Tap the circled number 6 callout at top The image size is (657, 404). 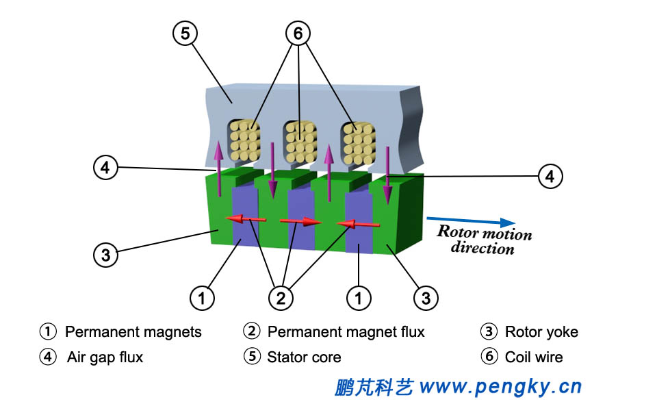pyautogui.click(x=298, y=32)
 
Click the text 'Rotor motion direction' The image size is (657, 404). pyautogui.click(x=484, y=240)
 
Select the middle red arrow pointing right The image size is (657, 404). pyautogui.click(x=300, y=221)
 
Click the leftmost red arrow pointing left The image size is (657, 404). pyautogui.click(x=246, y=218)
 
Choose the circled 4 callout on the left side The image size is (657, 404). pyautogui.click(x=105, y=168)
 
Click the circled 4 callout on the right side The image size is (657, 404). pyautogui.click(x=550, y=176)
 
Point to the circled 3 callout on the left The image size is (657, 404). pyautogui.click(x=105, y=255)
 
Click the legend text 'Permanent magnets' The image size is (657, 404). pyautogui.click(x=133, y=332)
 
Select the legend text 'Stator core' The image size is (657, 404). pyautogui.click(x=304, y=357)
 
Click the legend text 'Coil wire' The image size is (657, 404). pyautogui.click(x=534, y=357)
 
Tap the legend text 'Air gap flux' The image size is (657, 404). pyautogui.click(x=105, y=357)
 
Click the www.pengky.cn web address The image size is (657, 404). pyautogui.click(x=500, y=387)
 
